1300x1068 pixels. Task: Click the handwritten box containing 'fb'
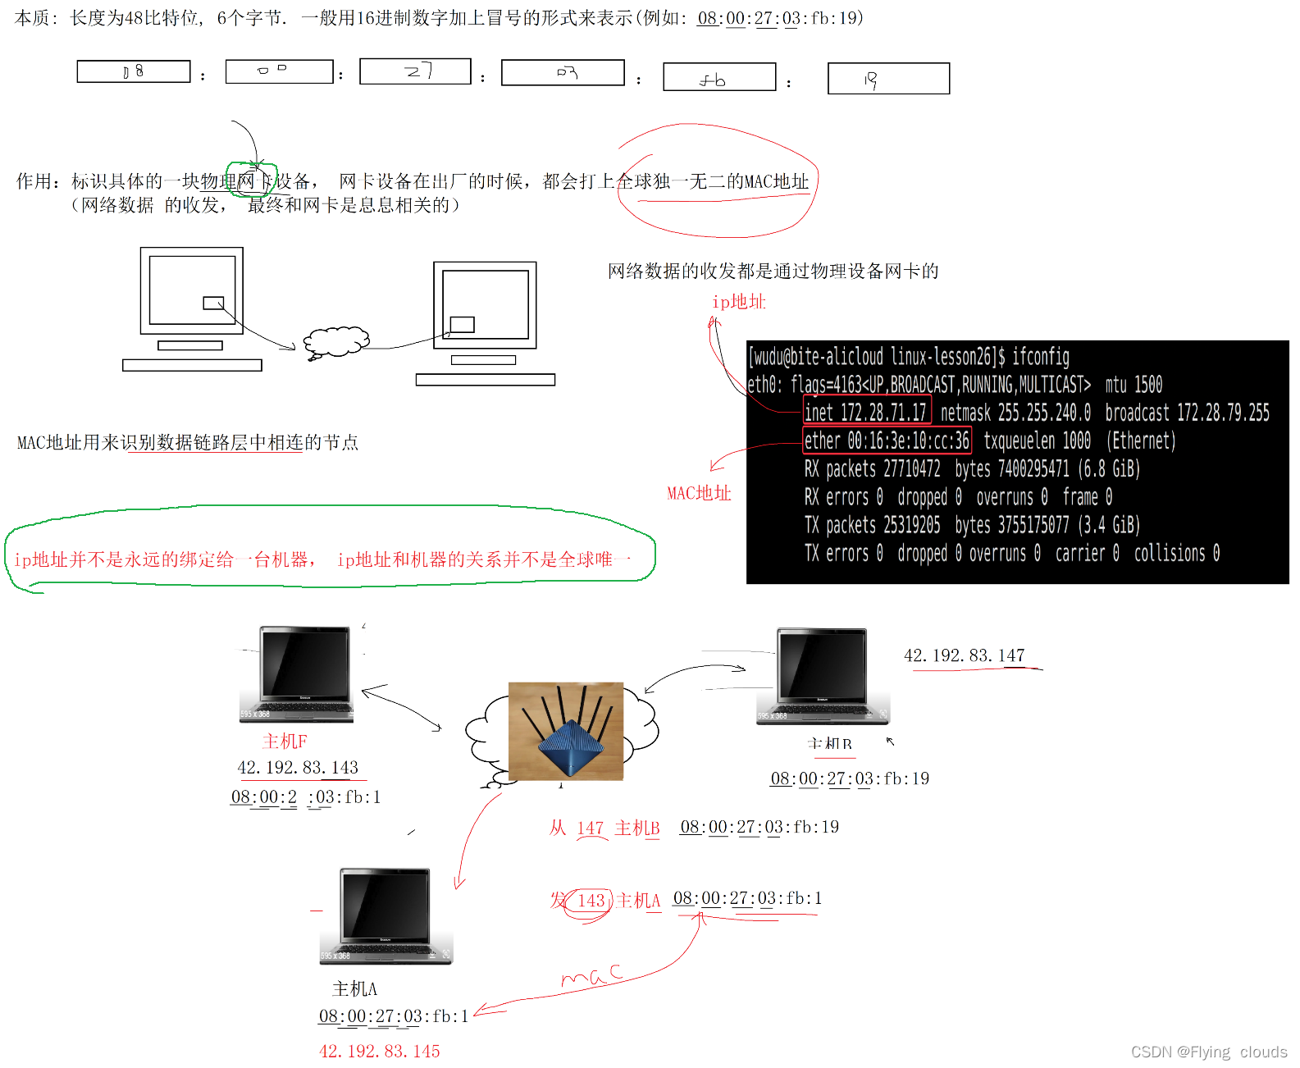click(719, 77)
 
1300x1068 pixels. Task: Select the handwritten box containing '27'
click(415, 71)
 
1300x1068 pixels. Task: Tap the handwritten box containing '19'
click(888, 79)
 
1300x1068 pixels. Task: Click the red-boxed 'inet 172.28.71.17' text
click(866, 412)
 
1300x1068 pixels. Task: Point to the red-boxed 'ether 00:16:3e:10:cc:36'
click(887, 440)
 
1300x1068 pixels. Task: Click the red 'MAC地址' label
click(699, 493)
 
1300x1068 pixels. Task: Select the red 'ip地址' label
click(738, 302)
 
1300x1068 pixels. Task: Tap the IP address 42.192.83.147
click(964, 655)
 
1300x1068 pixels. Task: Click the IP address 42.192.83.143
click(298, 767)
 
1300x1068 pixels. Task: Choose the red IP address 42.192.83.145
click(379, 1051)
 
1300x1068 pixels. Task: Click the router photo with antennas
click(566, 730)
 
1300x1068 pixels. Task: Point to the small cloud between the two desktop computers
click(335, 342)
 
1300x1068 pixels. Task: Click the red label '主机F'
click(285, 742)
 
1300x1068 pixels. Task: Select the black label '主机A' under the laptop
click(354, 988)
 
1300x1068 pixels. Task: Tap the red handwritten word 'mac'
click(591, 975)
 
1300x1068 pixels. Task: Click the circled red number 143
click(591, 901)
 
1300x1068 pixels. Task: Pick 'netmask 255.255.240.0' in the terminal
click(1015, 412)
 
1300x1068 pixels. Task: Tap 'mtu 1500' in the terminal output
click(1134, 384)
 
